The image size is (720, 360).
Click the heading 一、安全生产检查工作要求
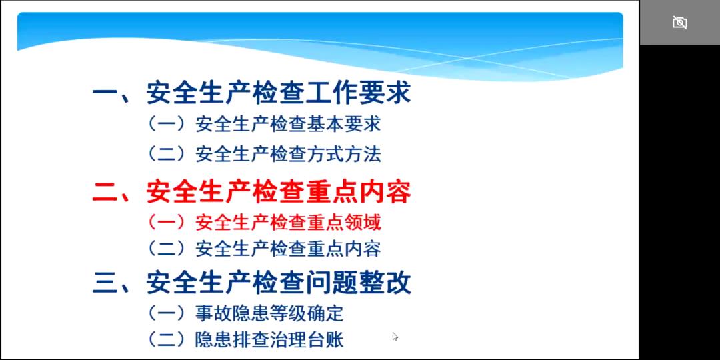coord(251,93)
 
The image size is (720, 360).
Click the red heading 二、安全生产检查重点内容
coord(251,192)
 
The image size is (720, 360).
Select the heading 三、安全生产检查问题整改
coord(251,283)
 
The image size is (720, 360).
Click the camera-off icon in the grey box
coord(679,22)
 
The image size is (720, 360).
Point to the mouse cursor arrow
coord(395,337)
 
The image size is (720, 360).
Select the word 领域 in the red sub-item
coord(363,223)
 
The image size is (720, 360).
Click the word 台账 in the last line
coord(326,340)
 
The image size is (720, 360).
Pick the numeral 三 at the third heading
coord(105,283)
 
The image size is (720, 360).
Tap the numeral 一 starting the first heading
coord(105,94)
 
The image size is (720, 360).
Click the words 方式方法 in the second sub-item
coord(345,154)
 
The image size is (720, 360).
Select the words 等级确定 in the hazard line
coord(307,313)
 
